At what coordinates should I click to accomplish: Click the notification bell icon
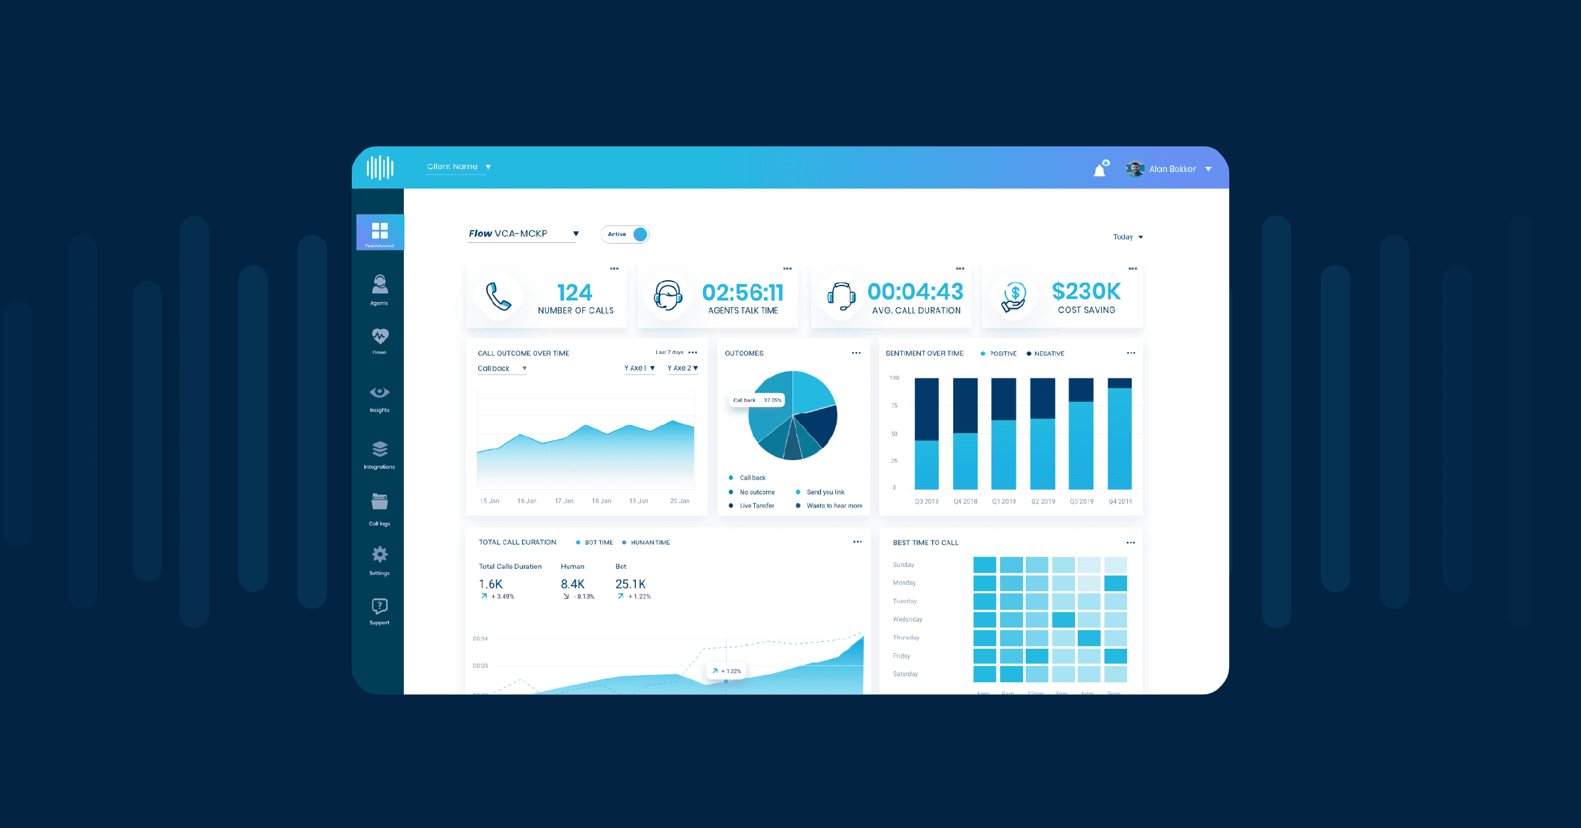(1099, 171)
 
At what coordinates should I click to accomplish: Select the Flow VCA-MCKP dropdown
(523, 234)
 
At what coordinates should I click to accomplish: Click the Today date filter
(1127, 237)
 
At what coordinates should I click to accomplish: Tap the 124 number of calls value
(574, 292)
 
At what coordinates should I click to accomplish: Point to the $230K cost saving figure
(1086, 291)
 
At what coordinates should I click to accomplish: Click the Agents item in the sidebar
(379, 290)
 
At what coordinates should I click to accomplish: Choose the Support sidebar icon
(379, 610)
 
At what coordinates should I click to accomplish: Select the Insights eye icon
(379, 393)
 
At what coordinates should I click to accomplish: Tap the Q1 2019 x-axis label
(1003, 502)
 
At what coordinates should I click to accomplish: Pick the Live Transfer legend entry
(756, 506)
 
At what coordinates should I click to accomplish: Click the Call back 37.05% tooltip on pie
(758, 400)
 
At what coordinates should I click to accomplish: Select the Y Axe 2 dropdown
(682, 369)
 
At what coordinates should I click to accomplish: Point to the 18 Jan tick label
(601, 502)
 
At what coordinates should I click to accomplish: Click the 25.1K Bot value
(630, 584)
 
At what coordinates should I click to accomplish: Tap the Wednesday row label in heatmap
(907, 620)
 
